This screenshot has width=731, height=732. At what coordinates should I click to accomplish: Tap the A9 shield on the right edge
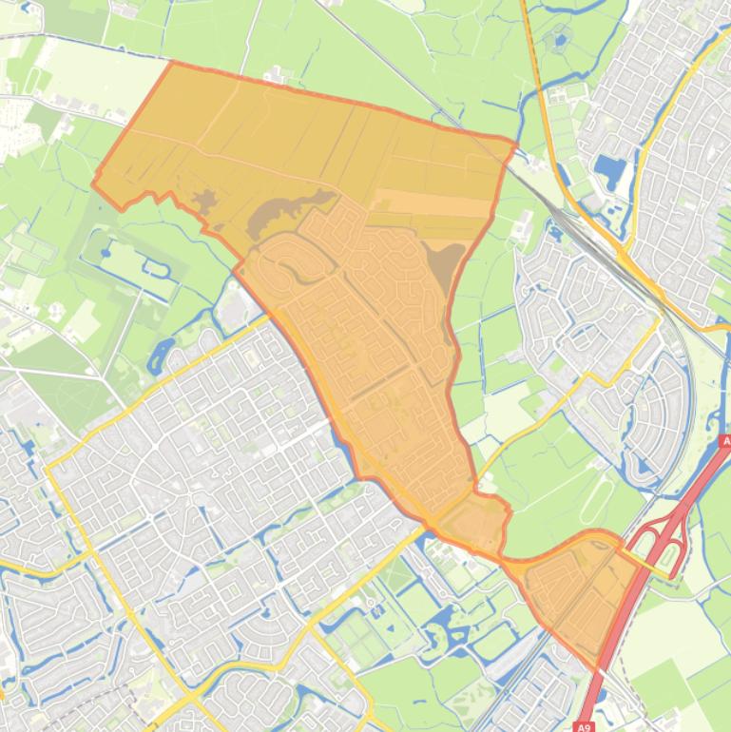[724, 442]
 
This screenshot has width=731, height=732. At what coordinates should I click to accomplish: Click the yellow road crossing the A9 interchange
[656, 562]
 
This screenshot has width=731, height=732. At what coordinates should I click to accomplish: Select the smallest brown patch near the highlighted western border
[203, 199]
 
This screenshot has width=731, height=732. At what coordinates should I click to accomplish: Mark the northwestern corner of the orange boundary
[171, 63]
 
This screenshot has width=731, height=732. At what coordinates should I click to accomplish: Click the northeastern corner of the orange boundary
[515, 144]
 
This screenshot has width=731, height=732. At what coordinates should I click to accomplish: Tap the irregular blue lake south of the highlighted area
[437, 627]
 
